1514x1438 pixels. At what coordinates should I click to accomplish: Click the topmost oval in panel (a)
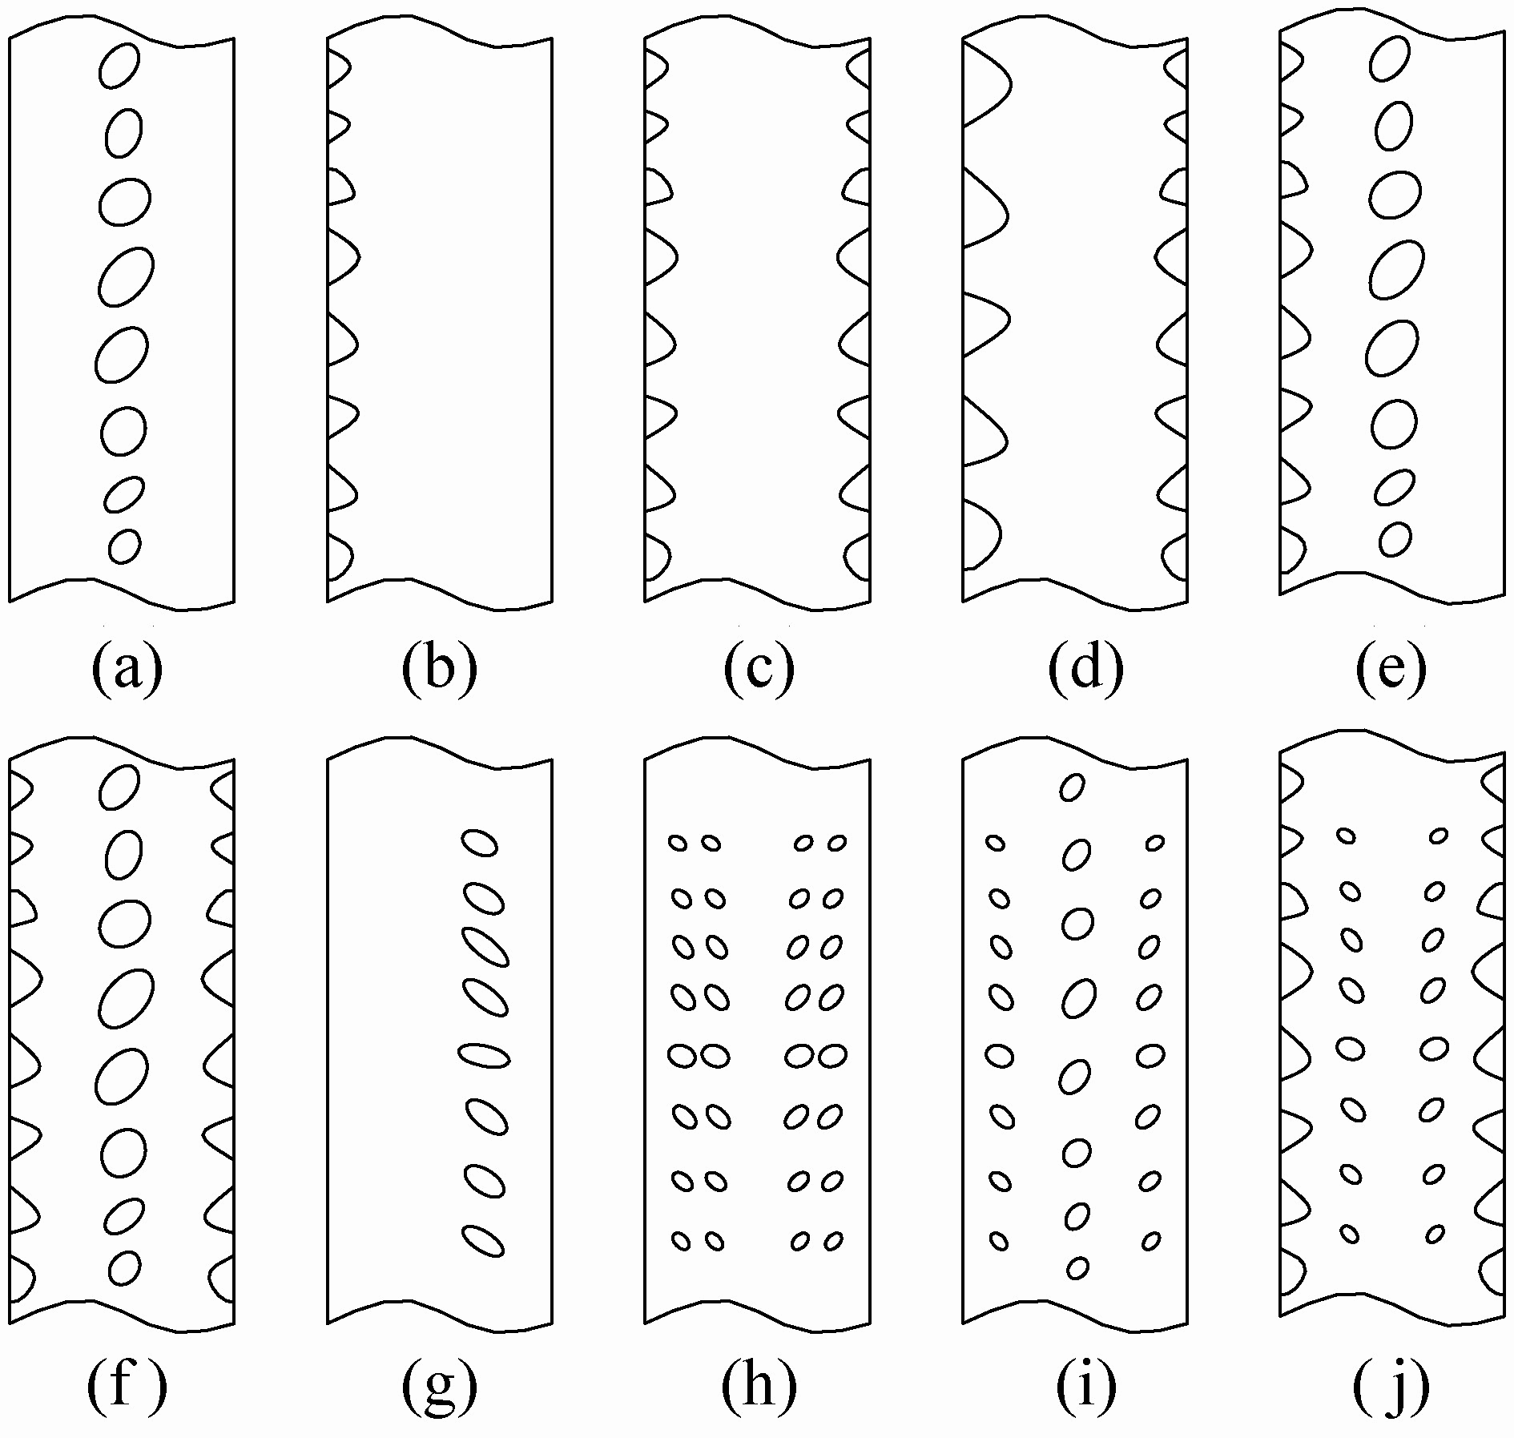(119, 65)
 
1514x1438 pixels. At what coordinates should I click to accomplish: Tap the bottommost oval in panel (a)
(124, 546)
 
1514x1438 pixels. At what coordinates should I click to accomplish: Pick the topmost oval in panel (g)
(479, 843)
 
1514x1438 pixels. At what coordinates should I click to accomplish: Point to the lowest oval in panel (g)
(484, 1263)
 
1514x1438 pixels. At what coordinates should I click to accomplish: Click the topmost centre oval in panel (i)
(1072, 787)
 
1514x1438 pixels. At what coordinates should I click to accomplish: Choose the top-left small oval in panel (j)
(1346, 836)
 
